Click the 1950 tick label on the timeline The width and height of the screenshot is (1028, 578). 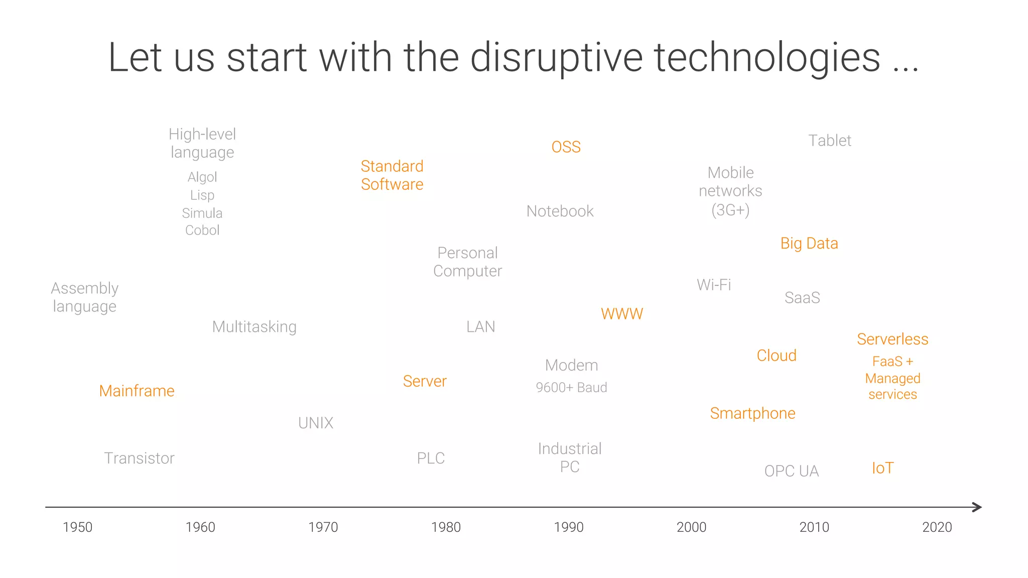[77, 527]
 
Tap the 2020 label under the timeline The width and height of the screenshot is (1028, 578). [937, 527]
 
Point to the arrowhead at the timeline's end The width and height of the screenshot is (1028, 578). [977, 507]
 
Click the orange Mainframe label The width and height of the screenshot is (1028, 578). [137, 391]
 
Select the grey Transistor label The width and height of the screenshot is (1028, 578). [139, 458]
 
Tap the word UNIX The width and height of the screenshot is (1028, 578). [315, 423]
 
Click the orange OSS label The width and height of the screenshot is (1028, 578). [566, 147]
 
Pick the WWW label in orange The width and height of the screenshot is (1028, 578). [621, 314]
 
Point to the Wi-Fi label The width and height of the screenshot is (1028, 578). [713, 285]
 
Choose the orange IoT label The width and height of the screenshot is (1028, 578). [882, 468]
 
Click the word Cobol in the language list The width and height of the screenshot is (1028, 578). [202, 230]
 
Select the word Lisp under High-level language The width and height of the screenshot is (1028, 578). [202, 195]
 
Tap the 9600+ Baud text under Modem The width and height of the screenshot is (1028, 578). [571, 387]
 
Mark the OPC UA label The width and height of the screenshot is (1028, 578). [791, 471]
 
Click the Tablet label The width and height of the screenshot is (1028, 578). [829, 141]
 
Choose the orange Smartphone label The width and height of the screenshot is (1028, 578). [752, 413]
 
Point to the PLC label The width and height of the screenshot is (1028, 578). [431, 458]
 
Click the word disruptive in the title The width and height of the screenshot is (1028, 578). [556, 58]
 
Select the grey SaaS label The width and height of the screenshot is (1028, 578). [802, 297]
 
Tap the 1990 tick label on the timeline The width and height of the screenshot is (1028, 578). [568, 527]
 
